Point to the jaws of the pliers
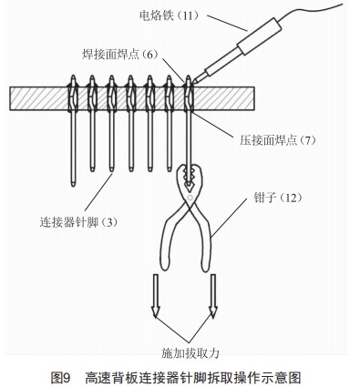(190, 173)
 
